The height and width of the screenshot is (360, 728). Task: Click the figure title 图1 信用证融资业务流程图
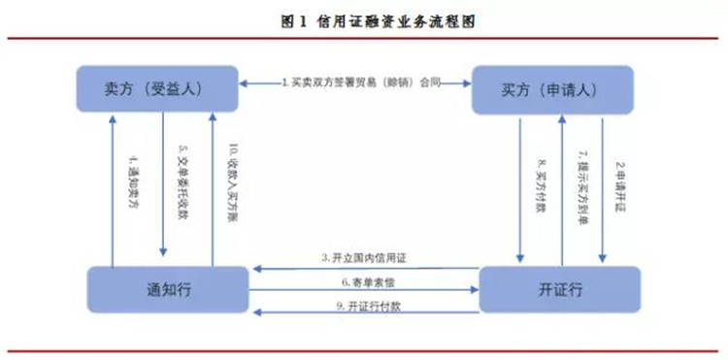point(365,19)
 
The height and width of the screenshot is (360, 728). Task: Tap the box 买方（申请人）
point(551,88)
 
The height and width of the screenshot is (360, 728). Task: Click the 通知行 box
point(166,289)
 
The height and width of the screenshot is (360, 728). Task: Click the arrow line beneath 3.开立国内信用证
point(364,266)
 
